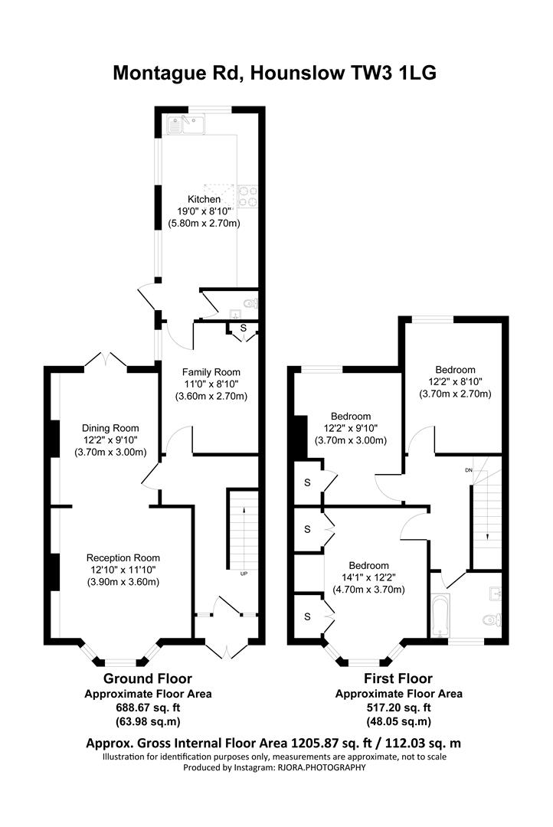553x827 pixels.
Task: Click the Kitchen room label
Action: [205, 199]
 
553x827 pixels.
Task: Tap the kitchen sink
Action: [186, 125]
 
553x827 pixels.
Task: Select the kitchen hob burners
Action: [247, 196]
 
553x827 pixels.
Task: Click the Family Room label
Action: [211, 372]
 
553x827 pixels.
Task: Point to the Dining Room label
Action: [110, 428]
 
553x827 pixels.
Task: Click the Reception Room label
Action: [123, 558]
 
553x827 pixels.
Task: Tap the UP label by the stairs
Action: [244, 574]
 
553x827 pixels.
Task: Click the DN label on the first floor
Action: [469, 470]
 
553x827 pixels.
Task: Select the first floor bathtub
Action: [440, 616]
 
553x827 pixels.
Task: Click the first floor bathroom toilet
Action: [492, 619]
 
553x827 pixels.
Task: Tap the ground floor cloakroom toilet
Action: [250, 304]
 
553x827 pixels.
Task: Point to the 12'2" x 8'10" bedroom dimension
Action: [456, 382]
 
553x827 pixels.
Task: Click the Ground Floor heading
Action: [148, 678]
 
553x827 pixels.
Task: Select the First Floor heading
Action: [398, 678]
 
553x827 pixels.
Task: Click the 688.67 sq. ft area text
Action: [148, 708]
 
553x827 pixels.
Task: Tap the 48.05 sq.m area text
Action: [398, 721]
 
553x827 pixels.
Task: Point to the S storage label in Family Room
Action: [244, 328]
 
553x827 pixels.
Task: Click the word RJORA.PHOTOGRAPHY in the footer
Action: [322, 768]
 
